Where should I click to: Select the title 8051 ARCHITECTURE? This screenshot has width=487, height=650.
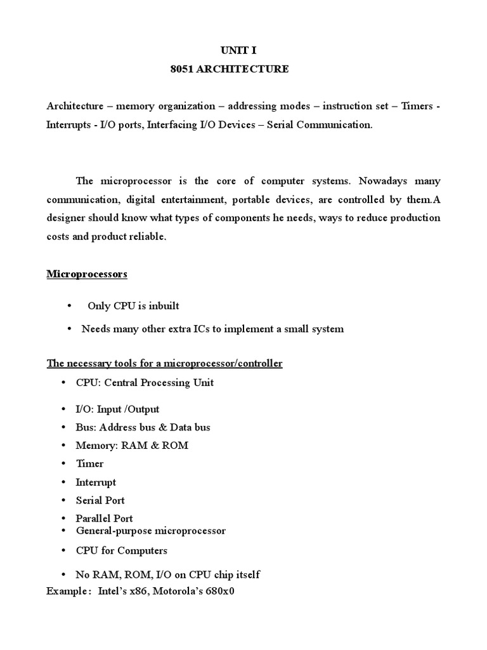230,69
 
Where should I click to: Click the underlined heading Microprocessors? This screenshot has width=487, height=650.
87,274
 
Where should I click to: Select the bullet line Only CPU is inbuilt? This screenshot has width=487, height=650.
133,306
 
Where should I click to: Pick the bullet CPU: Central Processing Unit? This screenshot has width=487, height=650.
145,383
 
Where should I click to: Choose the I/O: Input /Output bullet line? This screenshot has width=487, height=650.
117,409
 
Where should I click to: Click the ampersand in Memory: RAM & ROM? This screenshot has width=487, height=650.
154,446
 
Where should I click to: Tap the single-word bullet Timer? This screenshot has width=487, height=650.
89,464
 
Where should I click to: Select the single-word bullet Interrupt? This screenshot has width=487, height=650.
96,482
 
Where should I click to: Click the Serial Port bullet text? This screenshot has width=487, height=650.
100,500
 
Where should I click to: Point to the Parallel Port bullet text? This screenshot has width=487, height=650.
104,519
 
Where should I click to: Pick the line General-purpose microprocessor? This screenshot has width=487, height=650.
150,531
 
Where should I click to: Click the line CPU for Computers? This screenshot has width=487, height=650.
121,551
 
